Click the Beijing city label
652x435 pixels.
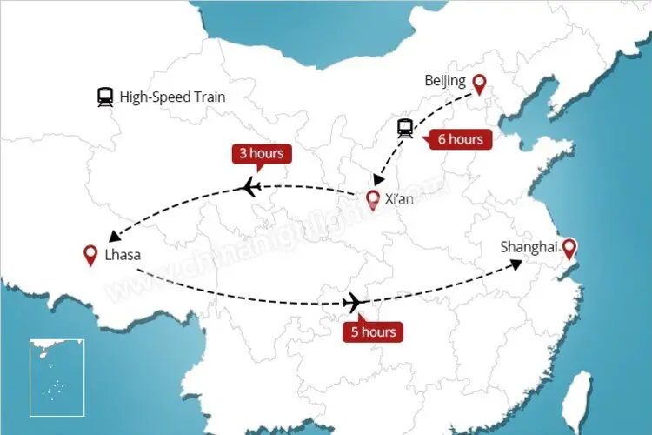point(445,82)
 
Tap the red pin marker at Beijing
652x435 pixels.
point(479,84)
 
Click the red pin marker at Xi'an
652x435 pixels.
point(373,201)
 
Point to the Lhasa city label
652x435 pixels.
point(123,256)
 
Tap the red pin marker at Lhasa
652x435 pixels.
point(89,255)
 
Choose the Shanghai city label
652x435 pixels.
point(528,248)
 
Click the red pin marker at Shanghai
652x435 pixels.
point(569,250)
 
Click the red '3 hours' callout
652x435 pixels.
point(261,154)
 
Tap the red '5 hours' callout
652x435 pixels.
point(373,331)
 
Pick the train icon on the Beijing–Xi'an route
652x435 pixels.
point(405,129)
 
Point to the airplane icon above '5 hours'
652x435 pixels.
point(354,302)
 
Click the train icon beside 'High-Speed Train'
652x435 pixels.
point(106,97)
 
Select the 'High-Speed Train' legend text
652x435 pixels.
point(172,97)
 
